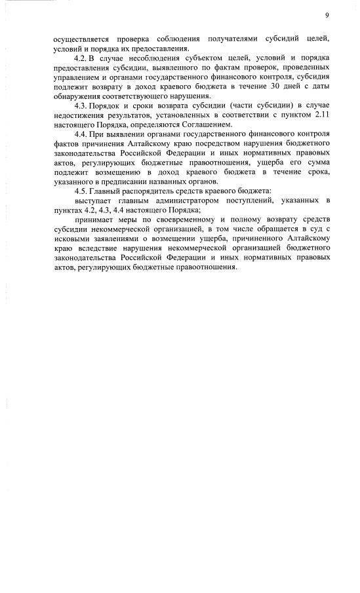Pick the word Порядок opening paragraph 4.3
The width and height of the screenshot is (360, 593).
(x=107, y=106)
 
